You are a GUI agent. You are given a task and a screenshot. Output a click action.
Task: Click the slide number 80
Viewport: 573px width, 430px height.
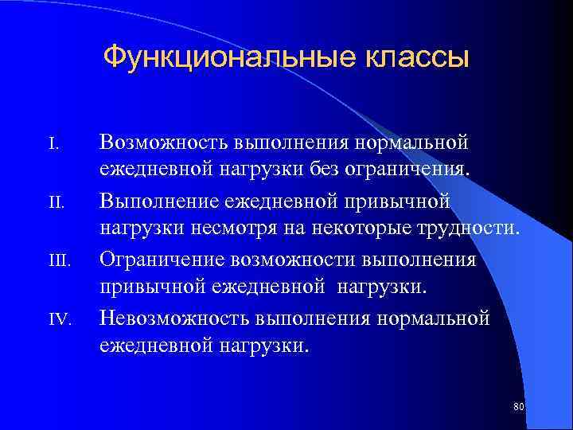[519, 407]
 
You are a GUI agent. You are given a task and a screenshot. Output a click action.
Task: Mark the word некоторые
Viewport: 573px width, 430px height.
[374, 230]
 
